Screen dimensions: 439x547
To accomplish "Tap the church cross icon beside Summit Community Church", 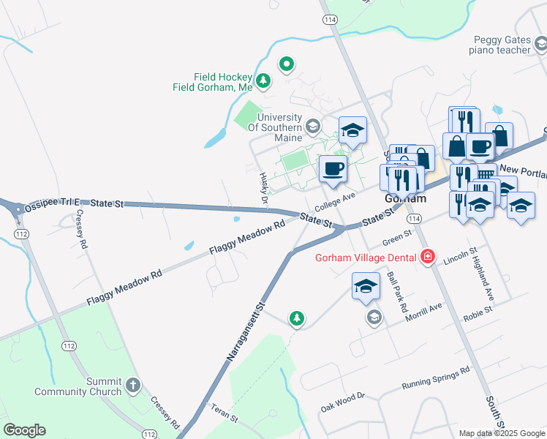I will click(x=132, y=384).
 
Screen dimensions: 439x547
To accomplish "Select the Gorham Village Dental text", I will click(x=366, y=258).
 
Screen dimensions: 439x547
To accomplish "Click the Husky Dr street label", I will click(x=264, y=188).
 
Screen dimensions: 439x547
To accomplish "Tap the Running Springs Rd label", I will click(x=436, y=379).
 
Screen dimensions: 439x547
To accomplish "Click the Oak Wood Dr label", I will click(x=342, y=402).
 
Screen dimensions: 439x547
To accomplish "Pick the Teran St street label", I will click(x=225, y=414).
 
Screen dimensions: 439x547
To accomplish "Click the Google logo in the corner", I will click(x=24, y=430).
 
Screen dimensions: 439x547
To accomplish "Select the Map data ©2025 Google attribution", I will click(x=502, y=433).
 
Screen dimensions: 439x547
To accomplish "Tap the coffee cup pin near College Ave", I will click(x=333, y=169).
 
